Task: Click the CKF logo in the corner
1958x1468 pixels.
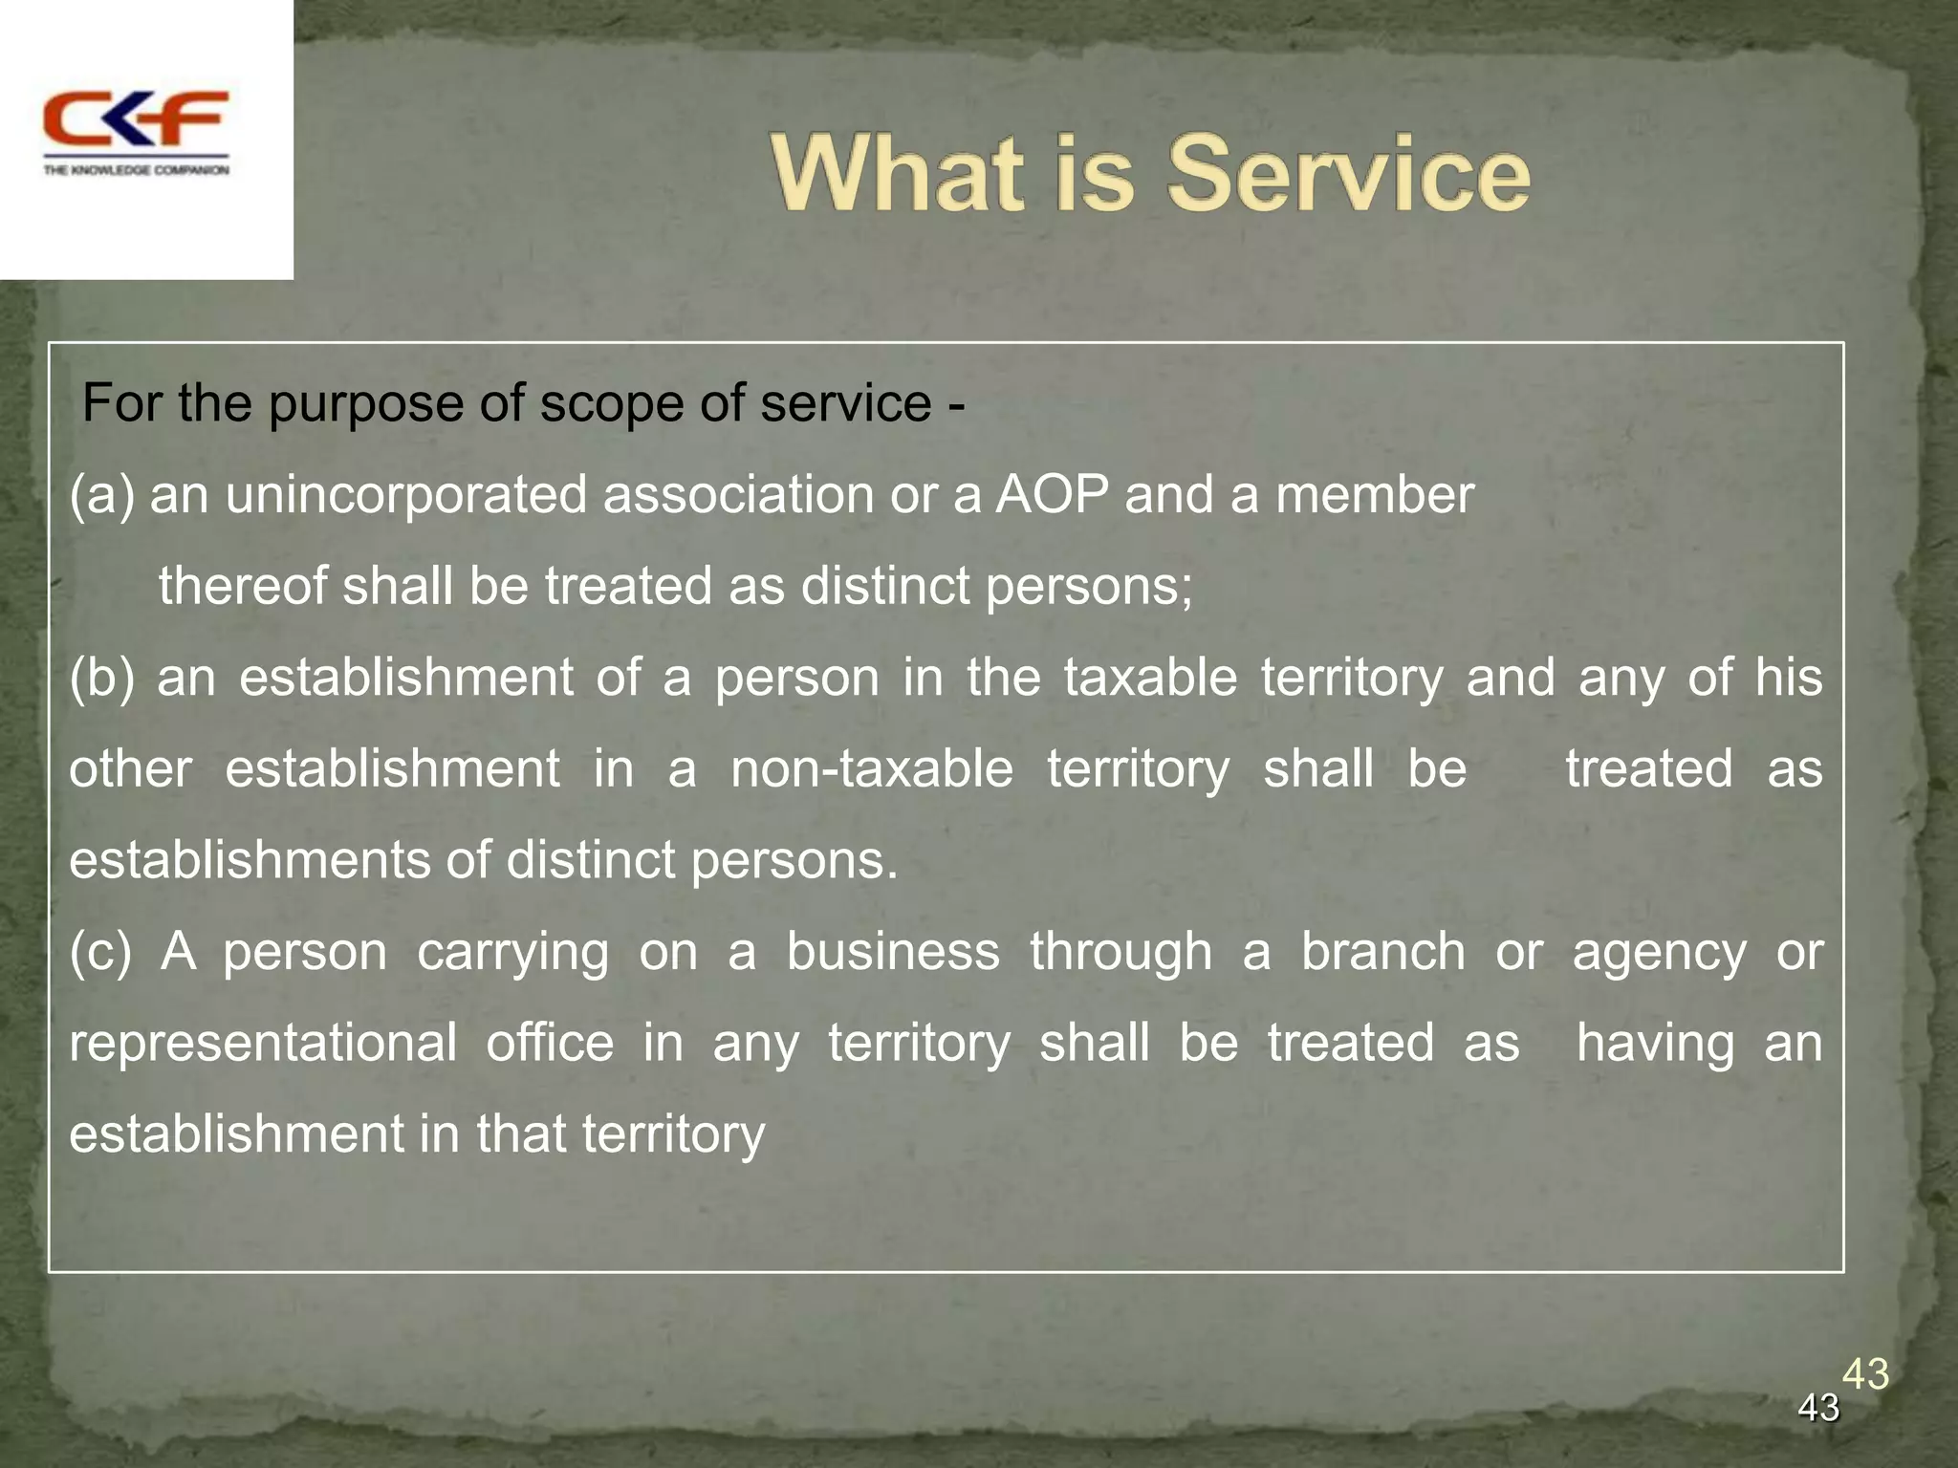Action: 136,119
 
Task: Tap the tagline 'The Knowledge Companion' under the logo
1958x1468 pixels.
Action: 136,170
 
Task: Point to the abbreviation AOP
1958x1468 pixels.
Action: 1053,495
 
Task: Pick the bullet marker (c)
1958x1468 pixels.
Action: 100,952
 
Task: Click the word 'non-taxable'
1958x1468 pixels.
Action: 871,768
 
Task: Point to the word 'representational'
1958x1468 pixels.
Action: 263,1043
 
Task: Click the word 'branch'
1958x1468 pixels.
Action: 1382,952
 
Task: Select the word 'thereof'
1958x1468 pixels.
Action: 243,586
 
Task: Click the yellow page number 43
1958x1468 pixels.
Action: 1865,1374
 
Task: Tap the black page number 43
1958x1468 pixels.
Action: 1818,1408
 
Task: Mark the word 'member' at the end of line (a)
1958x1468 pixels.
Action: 1374,495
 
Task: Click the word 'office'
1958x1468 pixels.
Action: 550,1043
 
